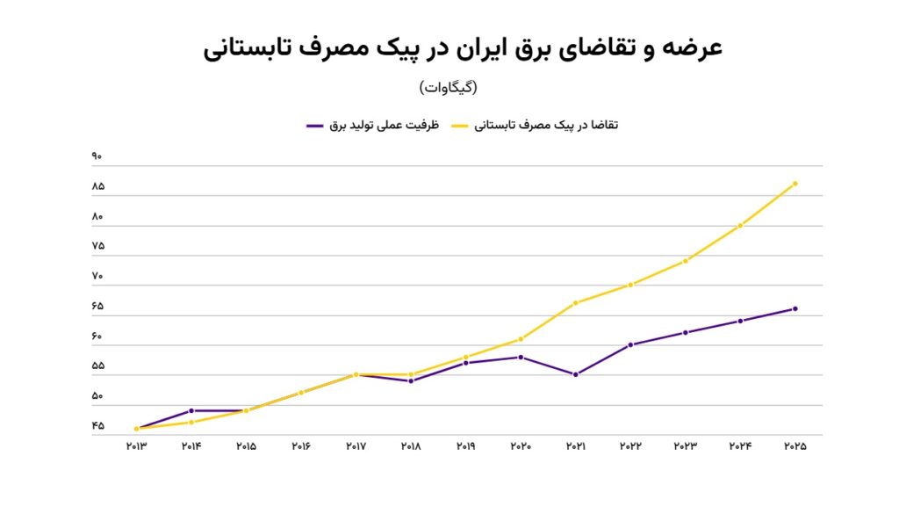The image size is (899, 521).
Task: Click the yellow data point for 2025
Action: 795,184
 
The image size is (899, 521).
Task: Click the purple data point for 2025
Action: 795,308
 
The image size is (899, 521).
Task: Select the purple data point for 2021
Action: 576,374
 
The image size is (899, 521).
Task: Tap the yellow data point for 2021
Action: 576,303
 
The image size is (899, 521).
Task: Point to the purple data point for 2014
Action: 191,410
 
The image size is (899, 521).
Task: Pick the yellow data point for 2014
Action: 191,422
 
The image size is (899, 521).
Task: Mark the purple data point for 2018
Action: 411,380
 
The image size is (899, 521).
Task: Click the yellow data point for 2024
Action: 741,226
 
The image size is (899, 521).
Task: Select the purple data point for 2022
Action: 631,344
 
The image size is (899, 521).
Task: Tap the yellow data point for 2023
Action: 686,261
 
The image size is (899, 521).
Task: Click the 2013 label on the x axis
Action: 136,446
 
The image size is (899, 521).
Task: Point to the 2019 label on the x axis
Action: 465,446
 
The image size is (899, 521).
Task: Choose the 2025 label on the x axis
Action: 795,446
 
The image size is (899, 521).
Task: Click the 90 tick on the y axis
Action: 97,157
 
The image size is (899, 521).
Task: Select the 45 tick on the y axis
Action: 97,426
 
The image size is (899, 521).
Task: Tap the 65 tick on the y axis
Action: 97,307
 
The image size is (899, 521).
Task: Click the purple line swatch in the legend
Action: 315,126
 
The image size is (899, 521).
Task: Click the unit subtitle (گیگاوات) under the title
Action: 448,88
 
